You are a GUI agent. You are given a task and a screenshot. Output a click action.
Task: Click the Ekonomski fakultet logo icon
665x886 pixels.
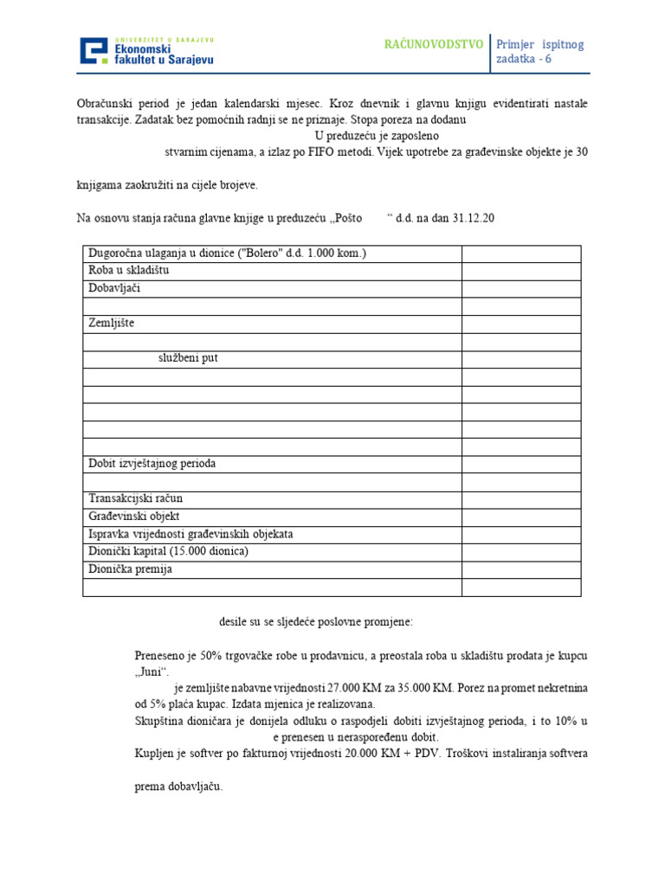[94, 51]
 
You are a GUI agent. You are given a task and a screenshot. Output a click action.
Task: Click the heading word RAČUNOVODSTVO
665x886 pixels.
[434, 44]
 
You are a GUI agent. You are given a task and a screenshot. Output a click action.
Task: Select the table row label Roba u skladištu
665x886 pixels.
[128, 271]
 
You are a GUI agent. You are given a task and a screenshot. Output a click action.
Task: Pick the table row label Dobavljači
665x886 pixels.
[114, 288]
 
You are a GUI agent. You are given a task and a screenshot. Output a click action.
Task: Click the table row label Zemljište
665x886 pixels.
[112, 323]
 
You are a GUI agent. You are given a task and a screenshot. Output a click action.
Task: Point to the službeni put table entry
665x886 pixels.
[188, 358]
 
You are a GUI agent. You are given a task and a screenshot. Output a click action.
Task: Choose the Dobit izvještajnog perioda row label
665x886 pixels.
[152, 464]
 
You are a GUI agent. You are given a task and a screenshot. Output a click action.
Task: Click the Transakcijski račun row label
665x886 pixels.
[135, 499]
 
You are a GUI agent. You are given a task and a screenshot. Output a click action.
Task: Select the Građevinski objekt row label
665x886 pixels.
[134, 517]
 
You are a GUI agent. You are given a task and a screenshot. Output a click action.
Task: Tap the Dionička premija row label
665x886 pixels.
[129, 569]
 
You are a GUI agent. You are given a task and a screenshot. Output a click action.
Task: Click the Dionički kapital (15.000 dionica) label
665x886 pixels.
[168, 552]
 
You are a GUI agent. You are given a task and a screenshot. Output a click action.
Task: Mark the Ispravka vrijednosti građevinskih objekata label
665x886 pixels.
[190, 534]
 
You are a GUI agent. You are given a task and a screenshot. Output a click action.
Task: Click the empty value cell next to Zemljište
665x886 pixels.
[520, 324]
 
